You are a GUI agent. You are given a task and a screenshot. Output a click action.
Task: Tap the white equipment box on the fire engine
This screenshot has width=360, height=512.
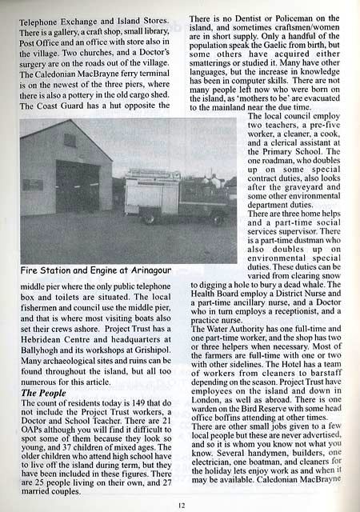[x=142, y=197]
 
